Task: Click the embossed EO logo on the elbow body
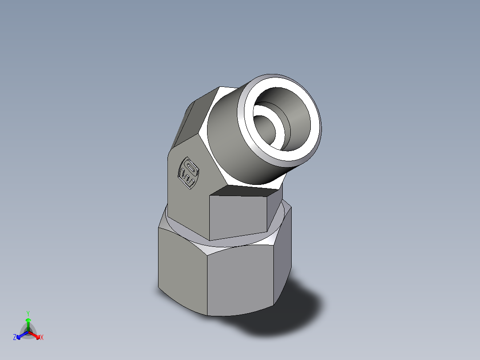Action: [188, 172]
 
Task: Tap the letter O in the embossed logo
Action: [191, 168]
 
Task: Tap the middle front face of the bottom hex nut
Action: [240, 281]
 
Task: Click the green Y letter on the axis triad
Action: [28, 313]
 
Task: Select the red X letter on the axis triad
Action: [42, 338]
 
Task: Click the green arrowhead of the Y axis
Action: [28, 320]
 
